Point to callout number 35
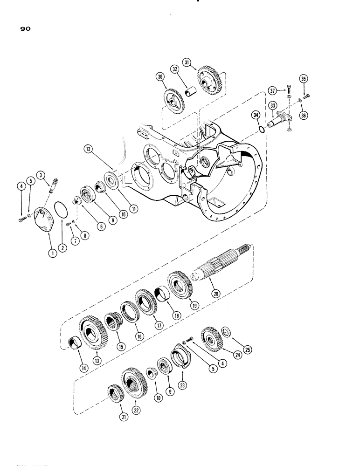point(304,79)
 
